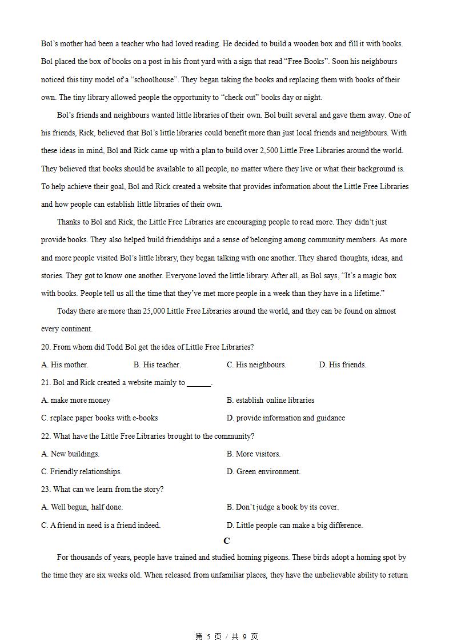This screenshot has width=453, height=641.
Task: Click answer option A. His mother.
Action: (x=65, y=364)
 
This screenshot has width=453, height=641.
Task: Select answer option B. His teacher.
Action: (x=157, y=364)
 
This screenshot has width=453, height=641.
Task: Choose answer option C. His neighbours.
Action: (x=256, y=364)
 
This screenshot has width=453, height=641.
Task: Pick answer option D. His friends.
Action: (x=343, y=364)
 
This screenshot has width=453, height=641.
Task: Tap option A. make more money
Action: (x=76, y=400)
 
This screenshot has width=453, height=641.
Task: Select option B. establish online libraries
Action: (x=270, y=400)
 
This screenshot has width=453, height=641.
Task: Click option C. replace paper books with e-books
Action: (x=99, y=418)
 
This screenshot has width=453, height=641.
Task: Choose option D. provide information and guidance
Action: (x=286, y=418)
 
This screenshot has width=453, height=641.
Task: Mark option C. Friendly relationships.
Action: (x=82, y=471)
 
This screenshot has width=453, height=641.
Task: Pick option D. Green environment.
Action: (x=263, y=471)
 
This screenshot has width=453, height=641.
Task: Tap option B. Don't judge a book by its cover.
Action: (x=283, y=507)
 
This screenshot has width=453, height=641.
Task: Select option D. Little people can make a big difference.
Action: (x=295, y=525)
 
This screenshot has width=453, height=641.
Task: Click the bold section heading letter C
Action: (x=227, y=541)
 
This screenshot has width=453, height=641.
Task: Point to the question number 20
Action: (x=46, y=347)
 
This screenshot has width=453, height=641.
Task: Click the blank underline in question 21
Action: (x=199, y=383)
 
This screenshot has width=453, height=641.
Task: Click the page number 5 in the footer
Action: (x=209, y=636)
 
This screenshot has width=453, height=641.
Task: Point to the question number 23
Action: (x=46, y=489)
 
